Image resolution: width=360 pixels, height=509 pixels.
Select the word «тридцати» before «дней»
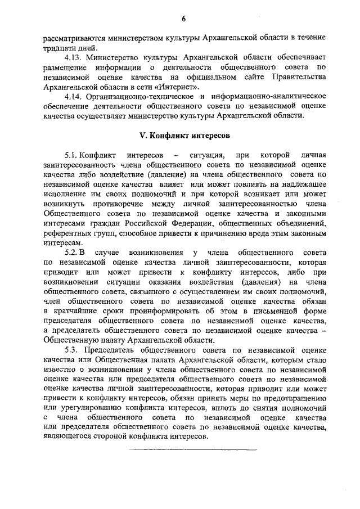click(x=59, y=48)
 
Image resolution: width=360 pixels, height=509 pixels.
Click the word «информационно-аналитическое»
click(x=273, y=96)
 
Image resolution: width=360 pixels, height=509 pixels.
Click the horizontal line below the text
click(x=192, y=449)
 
